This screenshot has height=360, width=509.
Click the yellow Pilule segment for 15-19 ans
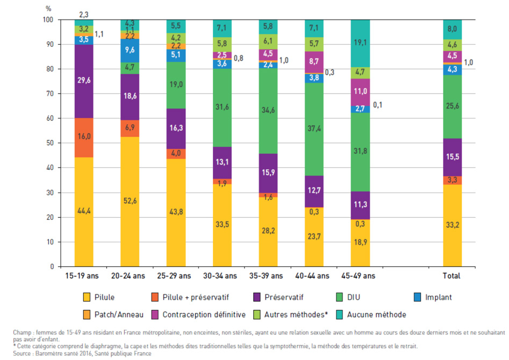click(84, 212)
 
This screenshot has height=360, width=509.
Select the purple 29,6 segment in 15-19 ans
click(84, 81)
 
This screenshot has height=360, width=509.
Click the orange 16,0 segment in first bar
click(84, 138)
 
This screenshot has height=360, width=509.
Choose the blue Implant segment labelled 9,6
click(130, 51)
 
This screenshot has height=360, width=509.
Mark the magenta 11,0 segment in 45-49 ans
click(360, 92)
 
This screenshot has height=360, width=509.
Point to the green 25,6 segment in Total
click(452, 106)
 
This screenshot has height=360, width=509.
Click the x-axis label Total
click(452, 276)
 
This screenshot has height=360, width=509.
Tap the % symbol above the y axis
click(48, 8)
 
